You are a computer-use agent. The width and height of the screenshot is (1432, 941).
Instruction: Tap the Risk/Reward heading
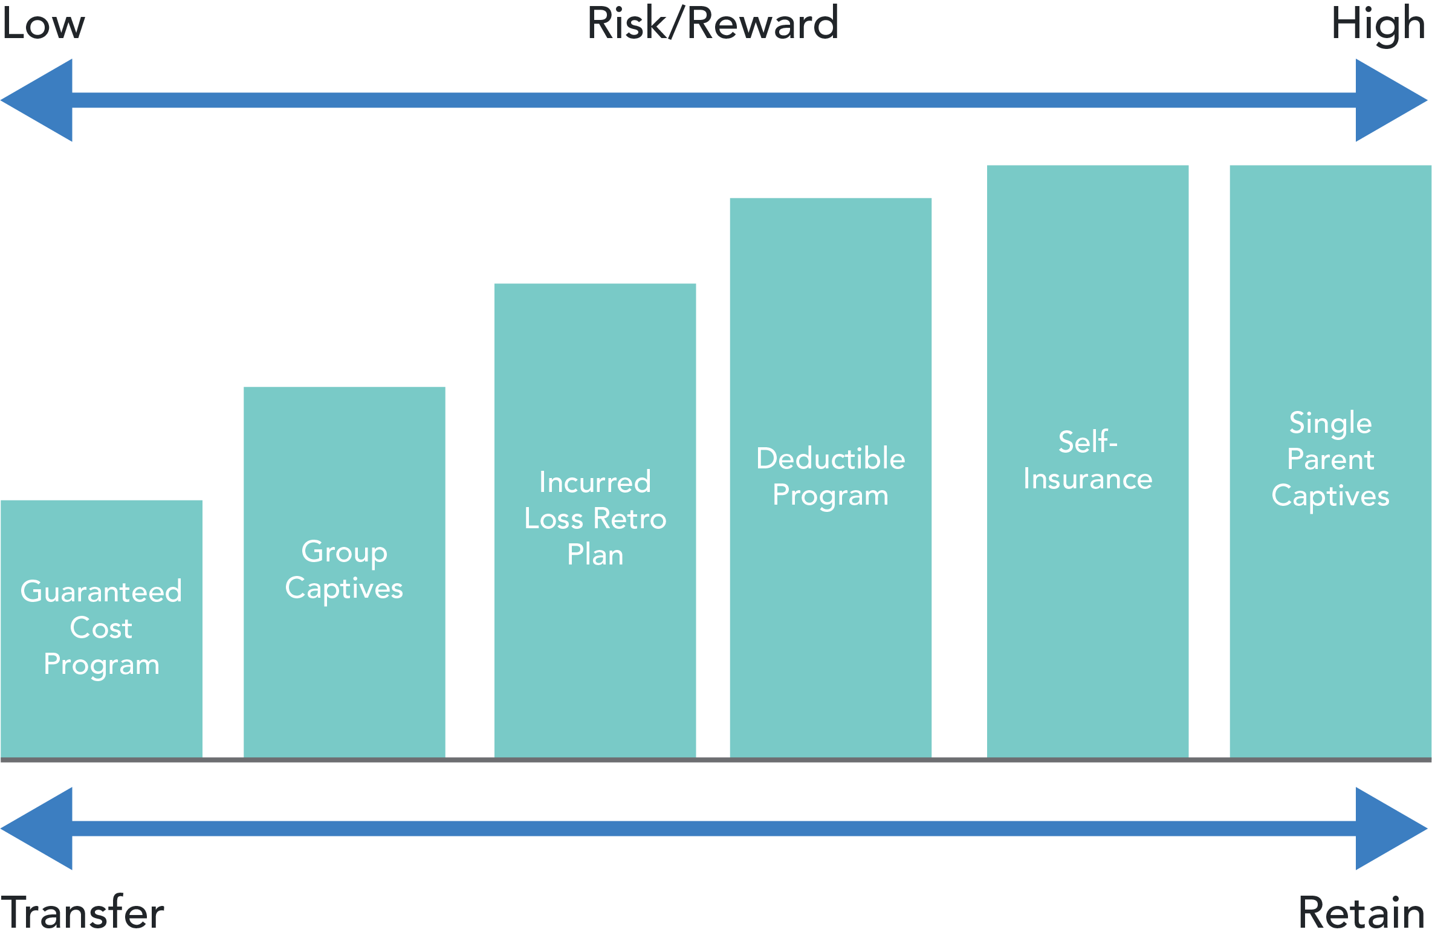(x=713, y=24)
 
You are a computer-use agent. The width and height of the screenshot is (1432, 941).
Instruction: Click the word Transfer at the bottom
(x=82, y=913)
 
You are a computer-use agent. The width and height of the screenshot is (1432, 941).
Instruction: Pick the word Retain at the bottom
(x=1361, y=913)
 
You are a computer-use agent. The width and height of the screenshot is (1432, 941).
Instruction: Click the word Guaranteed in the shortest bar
(x=101, y=591)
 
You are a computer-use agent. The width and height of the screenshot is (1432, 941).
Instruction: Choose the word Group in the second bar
(x=344, y=552)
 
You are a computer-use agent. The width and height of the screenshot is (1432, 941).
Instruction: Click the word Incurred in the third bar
(x=595, y=482)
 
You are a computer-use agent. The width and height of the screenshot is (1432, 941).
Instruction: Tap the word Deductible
(x=831, y=458)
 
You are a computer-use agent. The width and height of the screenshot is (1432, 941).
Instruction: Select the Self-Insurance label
(x=1087, y=461)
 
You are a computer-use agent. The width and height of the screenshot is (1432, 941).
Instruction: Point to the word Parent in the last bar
(x=1330, y=459)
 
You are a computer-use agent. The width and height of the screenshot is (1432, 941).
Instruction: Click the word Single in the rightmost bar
(x=1330, y=423)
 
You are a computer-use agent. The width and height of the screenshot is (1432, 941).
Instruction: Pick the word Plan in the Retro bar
(x=595, y=555)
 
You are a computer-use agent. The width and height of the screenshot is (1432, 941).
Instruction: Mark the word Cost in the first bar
(x=101, y=628)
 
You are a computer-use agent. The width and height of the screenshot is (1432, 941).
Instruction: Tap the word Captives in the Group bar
(x=344, y=589)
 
